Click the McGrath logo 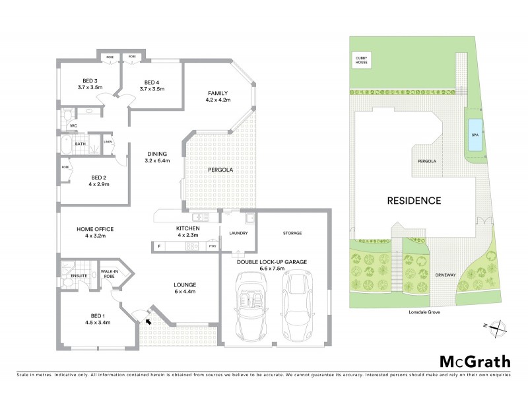[x=475, y=361]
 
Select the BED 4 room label [x=154, y=84]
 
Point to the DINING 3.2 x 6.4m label [x=157, y=157]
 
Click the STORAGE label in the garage [x=292, y=233]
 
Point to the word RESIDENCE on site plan [x=414, y=200]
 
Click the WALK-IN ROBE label [x=109, y=274]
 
